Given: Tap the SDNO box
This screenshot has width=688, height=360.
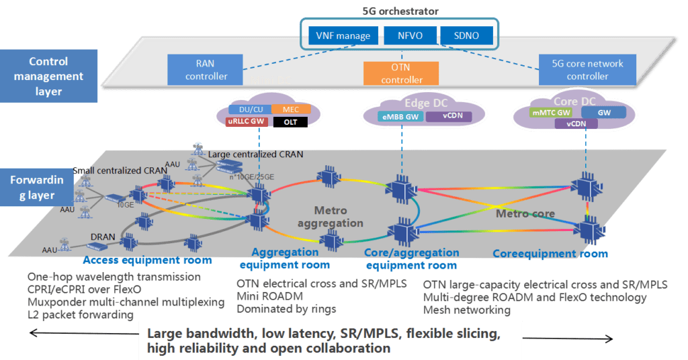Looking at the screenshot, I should click(466, 36).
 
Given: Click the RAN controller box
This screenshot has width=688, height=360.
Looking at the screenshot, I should click(207, 70).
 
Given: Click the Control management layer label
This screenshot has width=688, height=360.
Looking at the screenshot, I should click(48, 76).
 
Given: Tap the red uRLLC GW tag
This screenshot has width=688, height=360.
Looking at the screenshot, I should click(241, 122).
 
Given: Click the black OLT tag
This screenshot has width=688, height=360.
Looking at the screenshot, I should click(290, 122).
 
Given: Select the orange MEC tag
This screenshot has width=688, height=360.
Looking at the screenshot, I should click(290, 109).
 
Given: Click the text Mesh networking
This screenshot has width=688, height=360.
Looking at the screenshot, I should click(467, 310).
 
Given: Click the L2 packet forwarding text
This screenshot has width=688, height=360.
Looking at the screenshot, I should click(81, 315).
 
